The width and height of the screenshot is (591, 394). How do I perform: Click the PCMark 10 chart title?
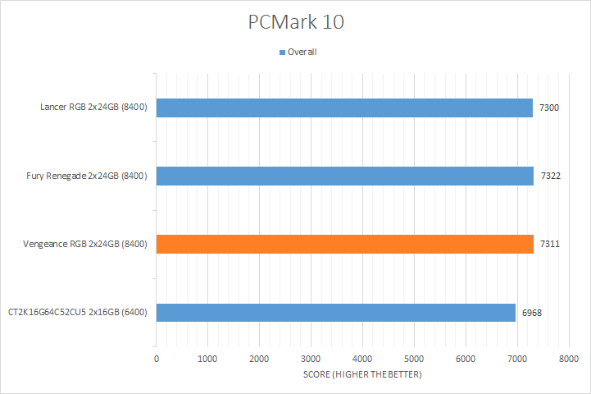pos(296,22)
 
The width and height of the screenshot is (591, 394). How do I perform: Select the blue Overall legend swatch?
pos(283,52)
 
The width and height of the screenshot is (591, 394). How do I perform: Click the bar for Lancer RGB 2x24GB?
pos(344,108)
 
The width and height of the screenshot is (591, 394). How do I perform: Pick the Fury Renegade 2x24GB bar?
pos(344,176)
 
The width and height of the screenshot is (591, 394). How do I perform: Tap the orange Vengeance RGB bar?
pos(344,244)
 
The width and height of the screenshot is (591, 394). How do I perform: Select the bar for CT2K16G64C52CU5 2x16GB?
pos(335,312)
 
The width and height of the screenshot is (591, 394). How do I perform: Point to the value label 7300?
pos(549,108)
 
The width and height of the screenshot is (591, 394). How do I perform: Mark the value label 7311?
pos(549,244)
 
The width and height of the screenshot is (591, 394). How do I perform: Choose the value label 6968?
pos(531,312)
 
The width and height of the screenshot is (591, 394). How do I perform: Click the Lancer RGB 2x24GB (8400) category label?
pos(93,108)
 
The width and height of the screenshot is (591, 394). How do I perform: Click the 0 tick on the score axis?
pos(157,359)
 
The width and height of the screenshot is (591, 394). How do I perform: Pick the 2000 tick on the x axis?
pos(259,359)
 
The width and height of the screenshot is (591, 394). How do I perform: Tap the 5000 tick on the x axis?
pos(414,359)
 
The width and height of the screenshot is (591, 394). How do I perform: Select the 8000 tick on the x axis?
pos(568,359)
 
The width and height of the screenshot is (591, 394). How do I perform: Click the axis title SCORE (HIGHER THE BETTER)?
pos(361,375)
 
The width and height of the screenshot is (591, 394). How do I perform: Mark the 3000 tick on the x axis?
pos(311,359)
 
